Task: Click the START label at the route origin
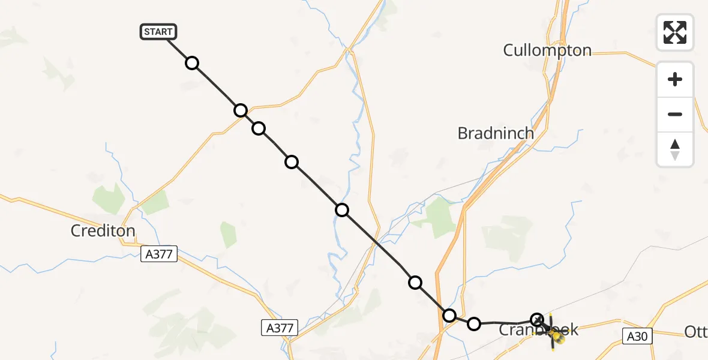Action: [x=158, y=32]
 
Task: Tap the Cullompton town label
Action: [x=547, y=50]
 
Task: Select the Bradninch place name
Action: [x=495, y=133]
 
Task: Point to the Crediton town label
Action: [x=103, y=230]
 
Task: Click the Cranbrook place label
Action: [x=539, y=329]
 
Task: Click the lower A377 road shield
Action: [x=280, y=328]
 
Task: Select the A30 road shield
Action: [x=637, y=337]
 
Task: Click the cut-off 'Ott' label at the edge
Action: [x=696, y=332]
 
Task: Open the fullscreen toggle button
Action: [x=675, y=32]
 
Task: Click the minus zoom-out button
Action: [x=675, y=114]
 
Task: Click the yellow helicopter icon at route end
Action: [x=557, y=339]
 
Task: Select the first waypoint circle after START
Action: [x=191, y=63]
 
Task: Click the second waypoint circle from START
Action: [x=241, y=110]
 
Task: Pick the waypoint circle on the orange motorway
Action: [x=449, y=315]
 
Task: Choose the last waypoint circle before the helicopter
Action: [x=537, y=320]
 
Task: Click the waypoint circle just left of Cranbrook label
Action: [x=474, y=324]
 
